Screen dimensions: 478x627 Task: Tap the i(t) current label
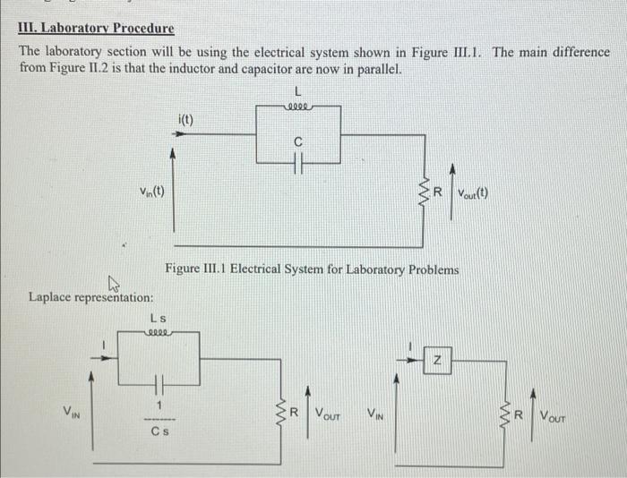click(185, 119)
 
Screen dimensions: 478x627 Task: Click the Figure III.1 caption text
click(311, 269)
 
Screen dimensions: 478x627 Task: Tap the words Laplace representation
click(90, 297)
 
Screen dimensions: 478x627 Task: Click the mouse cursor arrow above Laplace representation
click(114, 285)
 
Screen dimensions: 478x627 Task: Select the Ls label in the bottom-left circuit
click(158, 317)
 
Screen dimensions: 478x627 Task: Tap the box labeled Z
click(437, 361)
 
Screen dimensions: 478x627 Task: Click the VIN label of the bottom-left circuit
click(70, 412)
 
